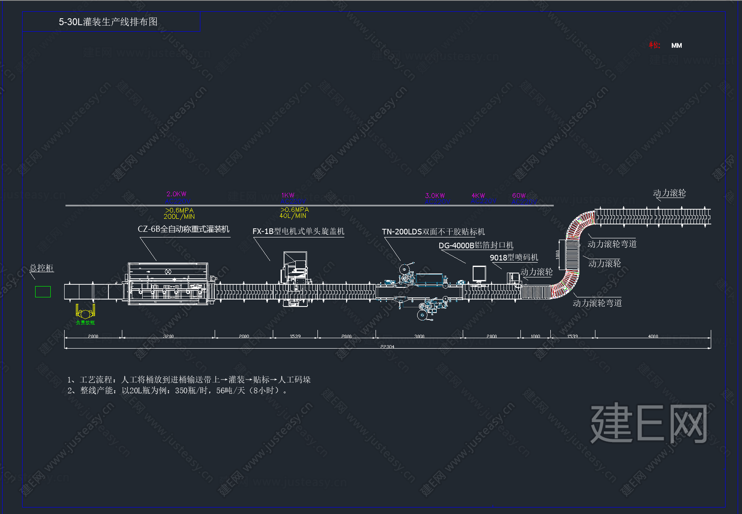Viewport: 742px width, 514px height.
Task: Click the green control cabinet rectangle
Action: tap(43, 292)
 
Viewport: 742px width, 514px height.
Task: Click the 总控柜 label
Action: tap(42, 268)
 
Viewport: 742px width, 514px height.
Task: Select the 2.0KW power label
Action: tap(176, 194)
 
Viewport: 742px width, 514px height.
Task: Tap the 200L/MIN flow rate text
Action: tap(179, 217)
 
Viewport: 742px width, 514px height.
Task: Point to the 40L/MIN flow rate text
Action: tap(293, 216)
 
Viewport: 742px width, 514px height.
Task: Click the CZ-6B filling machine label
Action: tap(184, 229)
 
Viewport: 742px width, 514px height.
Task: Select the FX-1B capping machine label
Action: tap(298, 231)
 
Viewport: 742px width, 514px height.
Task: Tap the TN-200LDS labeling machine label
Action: tap(433, 232)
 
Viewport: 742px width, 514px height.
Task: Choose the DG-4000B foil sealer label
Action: tap(476, 245)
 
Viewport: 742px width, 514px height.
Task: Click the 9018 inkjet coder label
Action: tap(514, 257)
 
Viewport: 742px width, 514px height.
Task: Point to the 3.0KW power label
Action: tap(435, 195)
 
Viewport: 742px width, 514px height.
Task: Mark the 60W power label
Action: tap(519, 195)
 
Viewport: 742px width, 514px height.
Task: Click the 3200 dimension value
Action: tap(168, 336)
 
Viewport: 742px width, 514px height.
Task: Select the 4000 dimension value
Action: tap(653, 336)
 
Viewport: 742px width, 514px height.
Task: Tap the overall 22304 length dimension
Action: tap(387, 346)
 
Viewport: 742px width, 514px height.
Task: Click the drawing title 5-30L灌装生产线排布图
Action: tap(108, 22)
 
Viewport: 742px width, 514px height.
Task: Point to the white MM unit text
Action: tap(677, 46)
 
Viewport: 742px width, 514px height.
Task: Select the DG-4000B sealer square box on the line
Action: tap(479, 273)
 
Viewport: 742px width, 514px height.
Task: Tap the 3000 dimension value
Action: tap(419, 336)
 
